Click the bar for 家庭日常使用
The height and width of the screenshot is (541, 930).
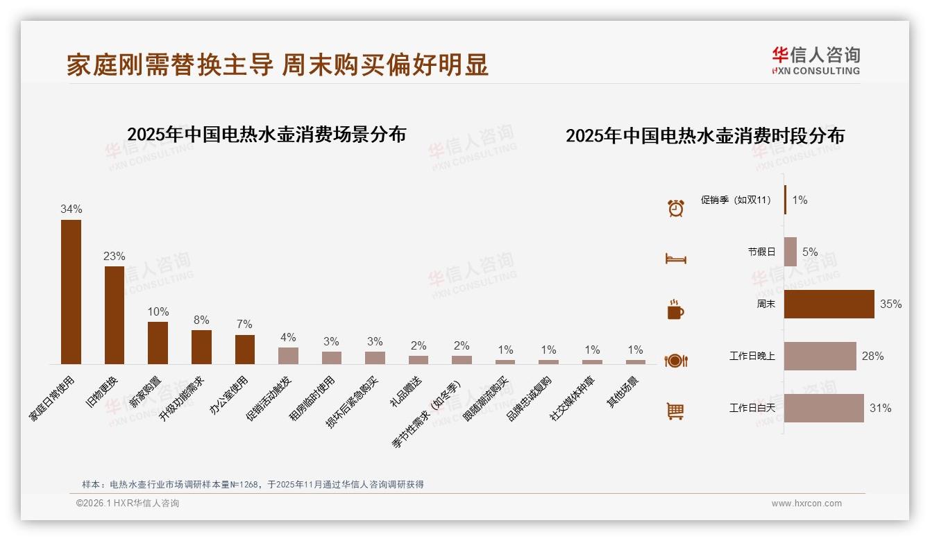71,292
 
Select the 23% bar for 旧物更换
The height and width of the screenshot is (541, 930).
115,315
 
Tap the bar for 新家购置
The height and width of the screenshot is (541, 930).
158,343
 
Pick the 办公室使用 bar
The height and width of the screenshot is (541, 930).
245,350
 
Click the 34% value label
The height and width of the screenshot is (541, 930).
71,209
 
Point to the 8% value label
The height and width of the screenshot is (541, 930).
201,320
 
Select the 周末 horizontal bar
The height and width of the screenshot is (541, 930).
829,304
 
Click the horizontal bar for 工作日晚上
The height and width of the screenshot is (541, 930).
820,356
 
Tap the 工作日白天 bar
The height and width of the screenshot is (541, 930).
824,408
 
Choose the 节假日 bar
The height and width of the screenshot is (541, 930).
790,252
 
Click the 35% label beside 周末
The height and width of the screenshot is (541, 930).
890,304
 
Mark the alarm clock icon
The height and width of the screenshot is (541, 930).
675,207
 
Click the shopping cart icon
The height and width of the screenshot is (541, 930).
675,411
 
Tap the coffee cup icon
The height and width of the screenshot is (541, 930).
675,309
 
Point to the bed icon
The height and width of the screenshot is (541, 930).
675,259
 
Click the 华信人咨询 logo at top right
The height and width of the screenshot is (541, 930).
815,60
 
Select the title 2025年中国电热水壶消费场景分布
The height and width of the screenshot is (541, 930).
267,135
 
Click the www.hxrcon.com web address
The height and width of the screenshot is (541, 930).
806,504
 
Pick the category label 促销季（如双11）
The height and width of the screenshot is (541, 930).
736,200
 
